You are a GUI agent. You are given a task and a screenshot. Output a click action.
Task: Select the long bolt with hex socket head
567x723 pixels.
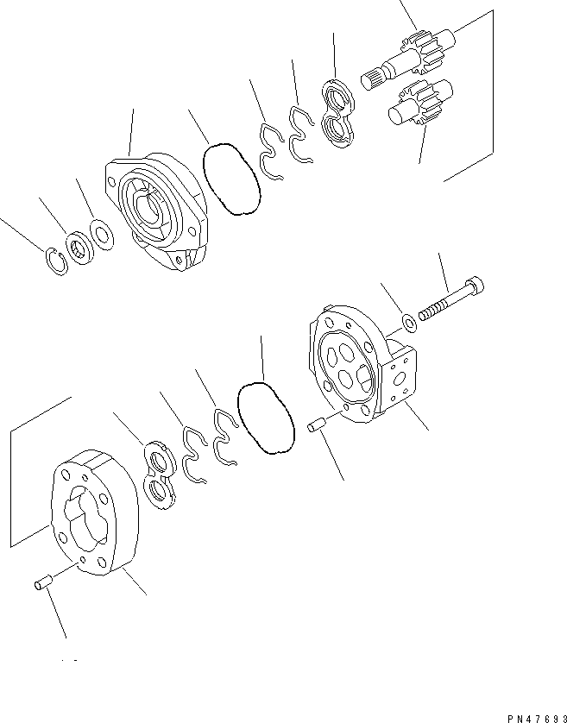(x=451, y=299)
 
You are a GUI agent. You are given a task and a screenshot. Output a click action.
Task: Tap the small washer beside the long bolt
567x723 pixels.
(x=409, y=323)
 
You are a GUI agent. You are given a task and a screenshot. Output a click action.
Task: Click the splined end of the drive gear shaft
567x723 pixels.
(x=371, y=79)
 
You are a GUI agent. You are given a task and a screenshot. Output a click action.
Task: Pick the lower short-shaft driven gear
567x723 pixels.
(x=420, y=103)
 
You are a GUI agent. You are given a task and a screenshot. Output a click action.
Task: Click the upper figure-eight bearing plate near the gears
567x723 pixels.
(x=338, y=113)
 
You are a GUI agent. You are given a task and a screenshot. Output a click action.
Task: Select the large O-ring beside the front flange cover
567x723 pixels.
(x=231, y=179)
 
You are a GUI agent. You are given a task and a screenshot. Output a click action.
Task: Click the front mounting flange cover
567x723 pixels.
(x=157, y=211)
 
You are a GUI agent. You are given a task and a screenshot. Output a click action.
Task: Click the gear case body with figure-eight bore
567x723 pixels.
(x=95, y=512)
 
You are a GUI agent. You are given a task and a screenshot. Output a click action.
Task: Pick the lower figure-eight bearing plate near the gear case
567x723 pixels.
(x=160, y=476)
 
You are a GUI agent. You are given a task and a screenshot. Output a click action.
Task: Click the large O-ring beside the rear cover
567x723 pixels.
(x=266, y=418)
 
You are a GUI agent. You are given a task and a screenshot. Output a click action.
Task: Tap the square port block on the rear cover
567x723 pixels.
(x=399, y=379)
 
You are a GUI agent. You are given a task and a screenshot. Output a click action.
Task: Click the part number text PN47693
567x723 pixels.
(x=537, y=719)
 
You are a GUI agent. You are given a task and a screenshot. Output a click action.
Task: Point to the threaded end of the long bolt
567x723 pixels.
(x=432, y=311)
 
